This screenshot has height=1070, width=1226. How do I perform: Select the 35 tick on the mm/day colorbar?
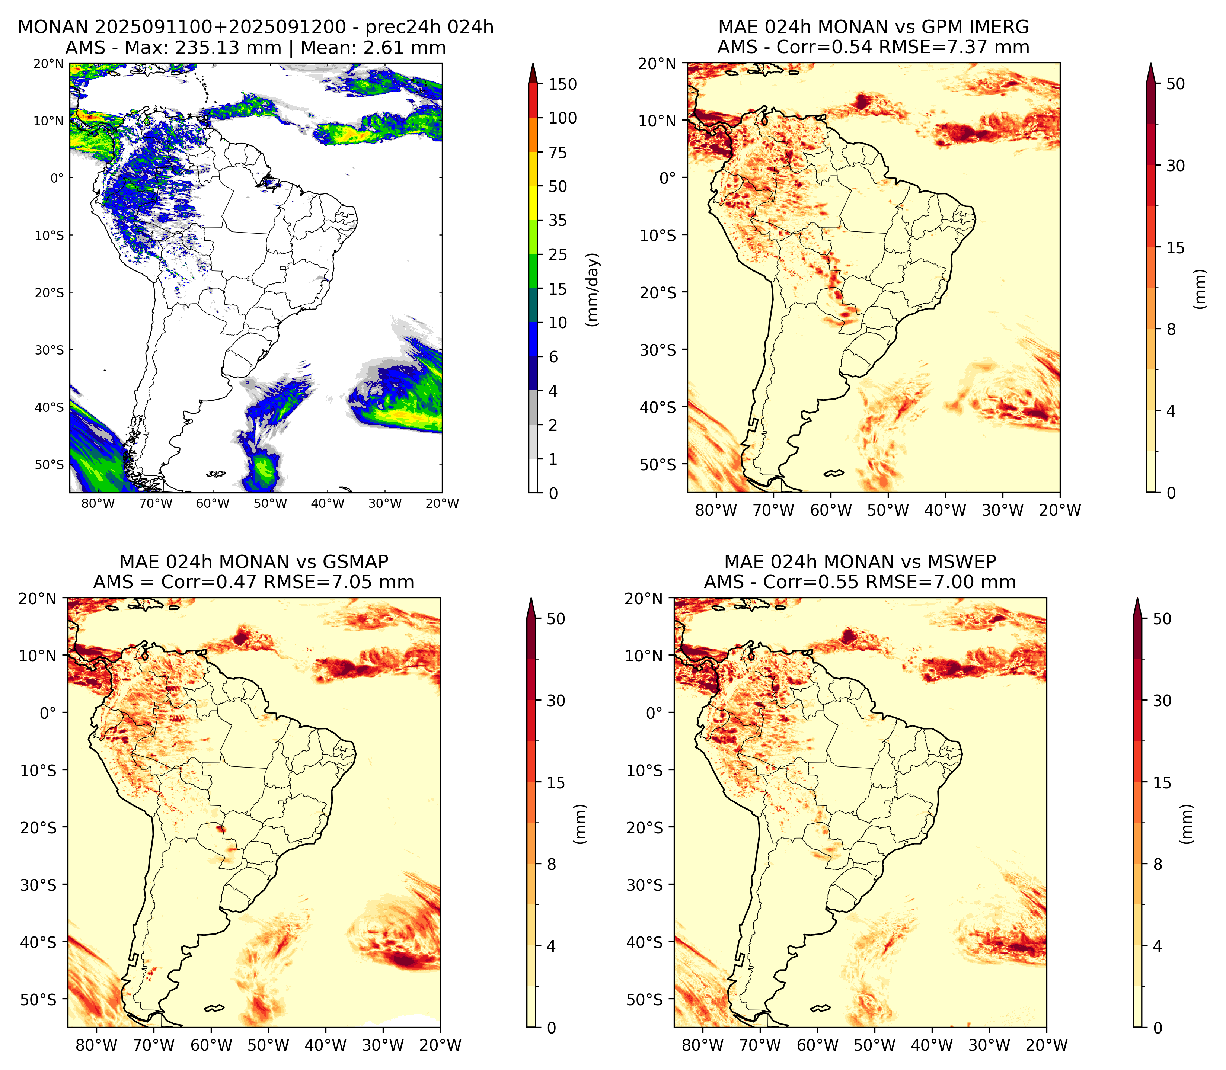pos(558,220)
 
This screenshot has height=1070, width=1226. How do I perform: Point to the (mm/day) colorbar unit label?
pos(593,289)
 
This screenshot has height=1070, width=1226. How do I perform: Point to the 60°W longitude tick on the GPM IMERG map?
pos(831,510)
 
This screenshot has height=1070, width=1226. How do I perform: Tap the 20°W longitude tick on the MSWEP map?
pos(1047,1045)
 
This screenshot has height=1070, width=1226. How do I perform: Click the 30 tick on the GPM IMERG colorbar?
pos(1175,166)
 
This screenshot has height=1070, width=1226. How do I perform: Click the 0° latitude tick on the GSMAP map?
pos(48,713)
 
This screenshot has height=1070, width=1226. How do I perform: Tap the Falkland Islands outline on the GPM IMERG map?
pos(834,474)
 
